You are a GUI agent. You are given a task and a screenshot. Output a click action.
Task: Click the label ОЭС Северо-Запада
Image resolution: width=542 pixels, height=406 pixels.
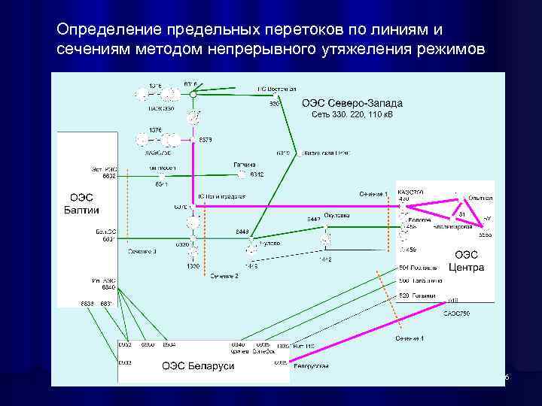point(352,103)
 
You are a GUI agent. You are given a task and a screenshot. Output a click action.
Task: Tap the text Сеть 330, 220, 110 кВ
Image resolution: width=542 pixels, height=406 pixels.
point(352,115)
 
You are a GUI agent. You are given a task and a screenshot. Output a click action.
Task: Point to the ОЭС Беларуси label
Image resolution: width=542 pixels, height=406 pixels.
point(198,365)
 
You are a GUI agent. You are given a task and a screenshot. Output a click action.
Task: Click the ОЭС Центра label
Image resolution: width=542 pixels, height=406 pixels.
point(467,261)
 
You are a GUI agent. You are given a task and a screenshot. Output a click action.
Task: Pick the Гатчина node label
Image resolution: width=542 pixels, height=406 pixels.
point(244,164)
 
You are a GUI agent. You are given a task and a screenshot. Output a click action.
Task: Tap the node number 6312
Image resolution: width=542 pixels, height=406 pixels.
point(257,175)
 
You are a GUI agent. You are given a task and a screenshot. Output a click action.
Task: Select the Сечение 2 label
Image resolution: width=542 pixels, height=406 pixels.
point(224,276)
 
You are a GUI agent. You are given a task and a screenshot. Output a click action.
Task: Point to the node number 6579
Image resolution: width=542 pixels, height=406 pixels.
point(206,140)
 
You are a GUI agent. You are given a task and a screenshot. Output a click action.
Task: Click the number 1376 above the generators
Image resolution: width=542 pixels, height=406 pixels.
point(155,130)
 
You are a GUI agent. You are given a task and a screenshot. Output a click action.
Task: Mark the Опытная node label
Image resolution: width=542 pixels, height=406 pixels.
point(480,198)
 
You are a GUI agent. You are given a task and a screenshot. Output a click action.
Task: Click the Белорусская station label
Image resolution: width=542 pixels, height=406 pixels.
point(312,366)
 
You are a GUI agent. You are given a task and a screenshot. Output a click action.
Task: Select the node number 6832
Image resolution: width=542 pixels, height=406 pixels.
point(109,176)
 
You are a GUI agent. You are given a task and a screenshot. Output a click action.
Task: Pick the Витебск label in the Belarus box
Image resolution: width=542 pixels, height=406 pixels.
point(263,351)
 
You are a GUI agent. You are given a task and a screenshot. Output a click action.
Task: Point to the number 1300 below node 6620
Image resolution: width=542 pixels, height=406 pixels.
point(193,267)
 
